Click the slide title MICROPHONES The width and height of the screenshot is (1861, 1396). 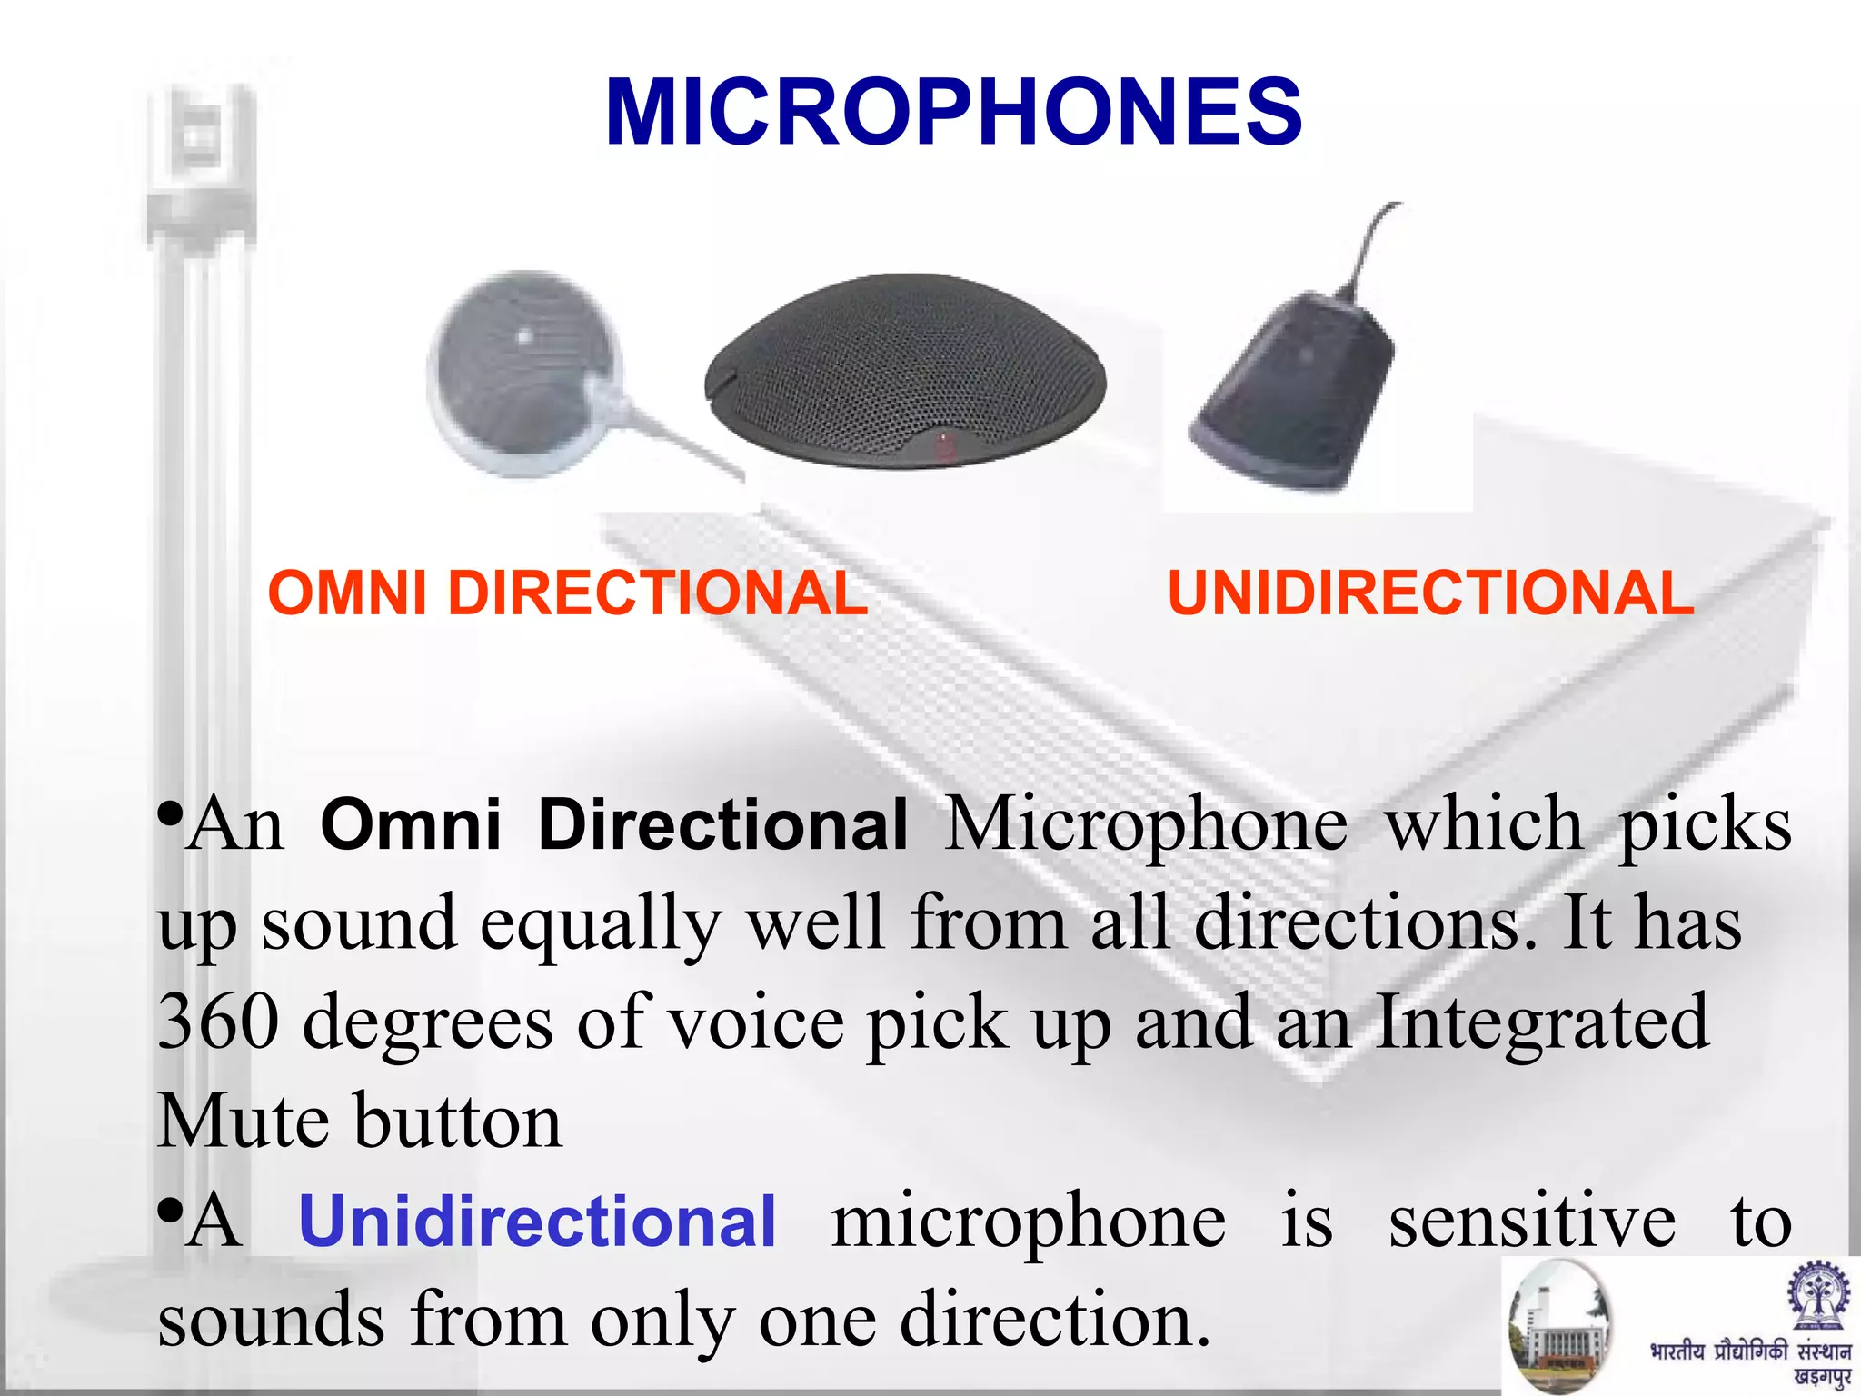coord(953,113)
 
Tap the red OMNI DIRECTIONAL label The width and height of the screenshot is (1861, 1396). coord(568,593)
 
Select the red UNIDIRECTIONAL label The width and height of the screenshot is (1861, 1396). coord(1430,593)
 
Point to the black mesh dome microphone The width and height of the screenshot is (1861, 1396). coord(906,368)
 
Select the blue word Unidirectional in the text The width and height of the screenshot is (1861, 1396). coord(537,1221)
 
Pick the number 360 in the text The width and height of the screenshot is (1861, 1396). coord(218,1022)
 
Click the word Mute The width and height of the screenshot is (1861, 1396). coord(243,1121)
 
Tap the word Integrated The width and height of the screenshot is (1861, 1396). coord(1541,1022)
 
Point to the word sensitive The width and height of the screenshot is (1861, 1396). coord(1532,1221)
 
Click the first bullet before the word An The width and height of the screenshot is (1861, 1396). coord(169,815)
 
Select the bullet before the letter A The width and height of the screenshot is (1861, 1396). coord(169,1212)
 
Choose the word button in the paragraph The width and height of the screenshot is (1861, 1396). coord(459,1121)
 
